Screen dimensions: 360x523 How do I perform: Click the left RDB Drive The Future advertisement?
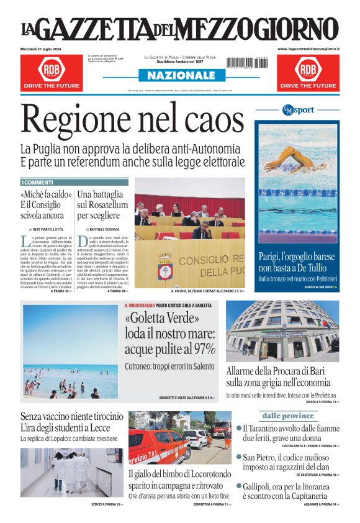[51, 72]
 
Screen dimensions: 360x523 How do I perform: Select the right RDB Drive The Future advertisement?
[308, 72]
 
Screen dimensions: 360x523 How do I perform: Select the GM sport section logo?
[298, 110]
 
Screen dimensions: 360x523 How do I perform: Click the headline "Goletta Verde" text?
[162, 319]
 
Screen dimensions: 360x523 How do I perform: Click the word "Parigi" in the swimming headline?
[272, 257]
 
